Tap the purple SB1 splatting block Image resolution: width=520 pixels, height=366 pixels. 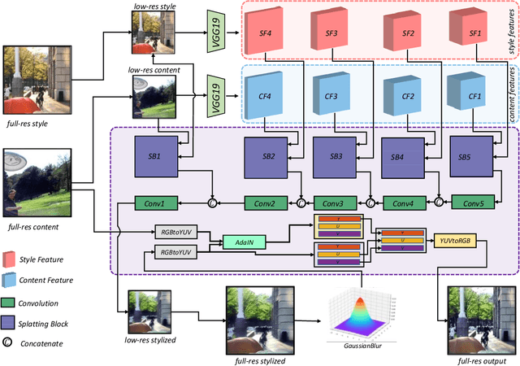154,156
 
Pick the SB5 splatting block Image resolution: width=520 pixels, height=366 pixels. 464,156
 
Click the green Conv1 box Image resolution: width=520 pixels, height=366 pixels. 154,203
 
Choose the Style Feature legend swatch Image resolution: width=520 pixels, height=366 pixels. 11,260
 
